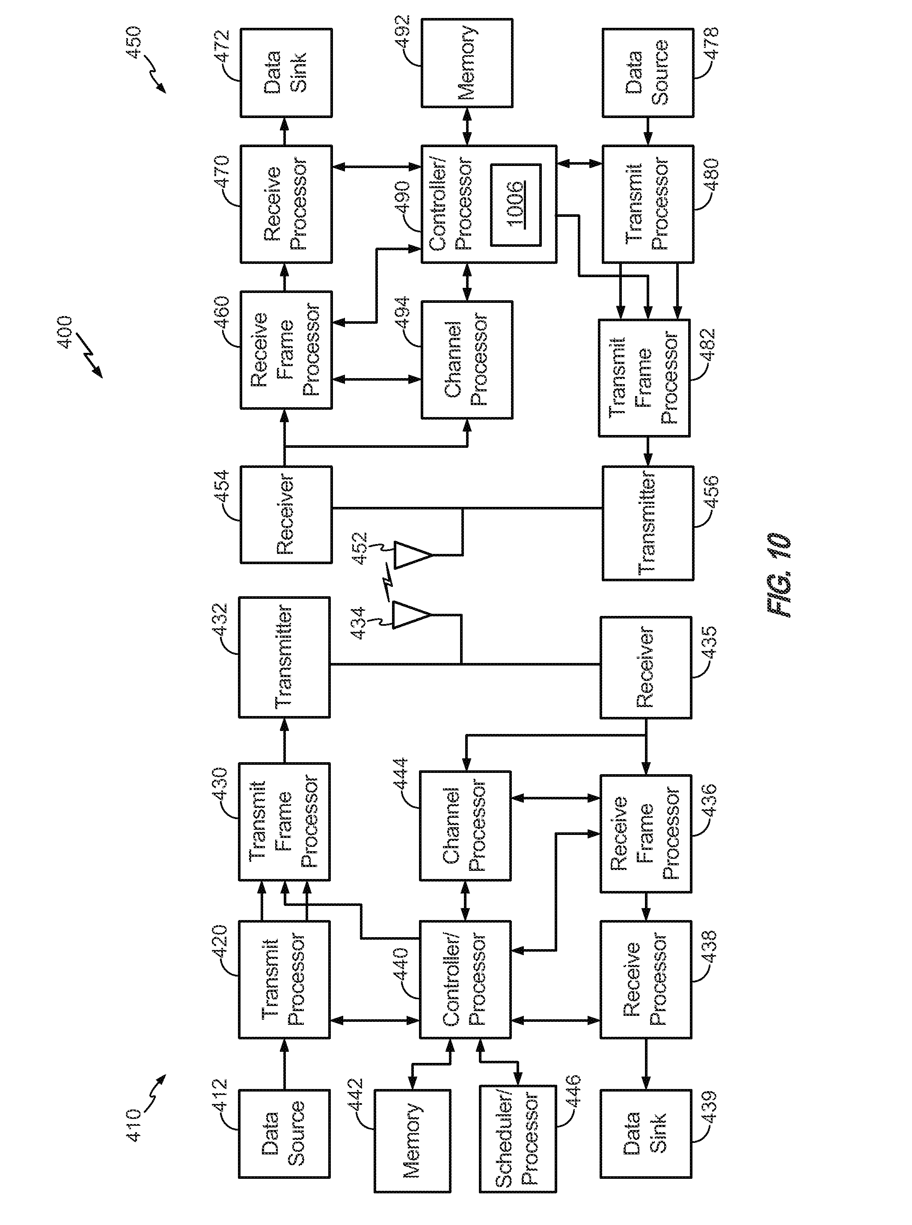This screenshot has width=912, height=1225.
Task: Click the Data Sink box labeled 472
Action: click(286, 73)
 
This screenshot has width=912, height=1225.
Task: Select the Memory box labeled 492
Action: click(466, 63)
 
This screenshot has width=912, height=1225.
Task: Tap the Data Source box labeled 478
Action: click(647, 73)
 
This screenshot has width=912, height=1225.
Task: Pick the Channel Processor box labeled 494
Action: click(466, 359)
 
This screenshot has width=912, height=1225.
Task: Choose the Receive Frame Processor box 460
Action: click(286, 350)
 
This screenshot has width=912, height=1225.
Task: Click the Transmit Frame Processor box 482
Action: click(644, 378)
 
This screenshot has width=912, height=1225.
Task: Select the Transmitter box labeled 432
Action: click(284, 657)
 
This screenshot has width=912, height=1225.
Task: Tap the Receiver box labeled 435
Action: click(645, 668)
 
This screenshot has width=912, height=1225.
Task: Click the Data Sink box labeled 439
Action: click(645, 1133)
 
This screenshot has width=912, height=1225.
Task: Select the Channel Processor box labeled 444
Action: click(465, 826)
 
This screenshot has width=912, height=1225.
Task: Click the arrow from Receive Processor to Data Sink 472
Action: click(285, 131)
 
